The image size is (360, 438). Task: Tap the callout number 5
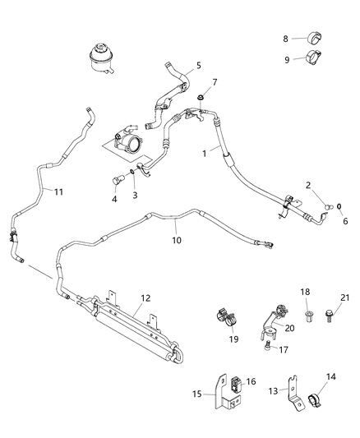pyautogui.click(x=198, y=66)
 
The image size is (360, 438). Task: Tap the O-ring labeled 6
pyautogui.click(x=338, y=204)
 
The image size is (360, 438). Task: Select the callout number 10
pyautogui.click(x=174, y=242)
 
